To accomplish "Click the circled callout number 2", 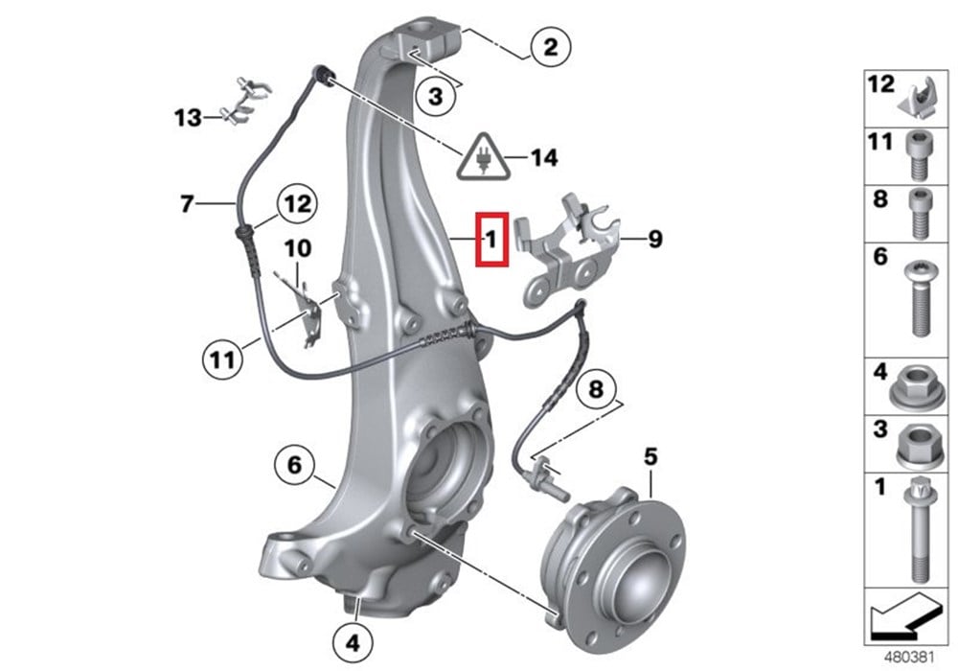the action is (551, 46).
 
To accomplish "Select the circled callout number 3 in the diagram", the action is (435, 96).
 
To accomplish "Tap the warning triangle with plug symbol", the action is (483, 157).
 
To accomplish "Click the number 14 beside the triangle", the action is (544, 157).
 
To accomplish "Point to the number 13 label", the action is (188, 117).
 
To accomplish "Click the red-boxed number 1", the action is (491, 239).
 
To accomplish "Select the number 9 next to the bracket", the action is (655, 239).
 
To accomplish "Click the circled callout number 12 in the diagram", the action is (298, 204).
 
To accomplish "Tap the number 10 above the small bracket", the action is (298, 248).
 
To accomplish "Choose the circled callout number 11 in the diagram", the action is (222, 359).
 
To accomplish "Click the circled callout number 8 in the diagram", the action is (596, 389).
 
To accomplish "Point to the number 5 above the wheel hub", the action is (650, 456).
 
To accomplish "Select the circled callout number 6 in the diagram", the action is (294, 466).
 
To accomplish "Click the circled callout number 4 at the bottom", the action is (354, 642).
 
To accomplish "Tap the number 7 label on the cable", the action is (187, 203).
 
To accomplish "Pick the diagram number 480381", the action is (910, 659).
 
